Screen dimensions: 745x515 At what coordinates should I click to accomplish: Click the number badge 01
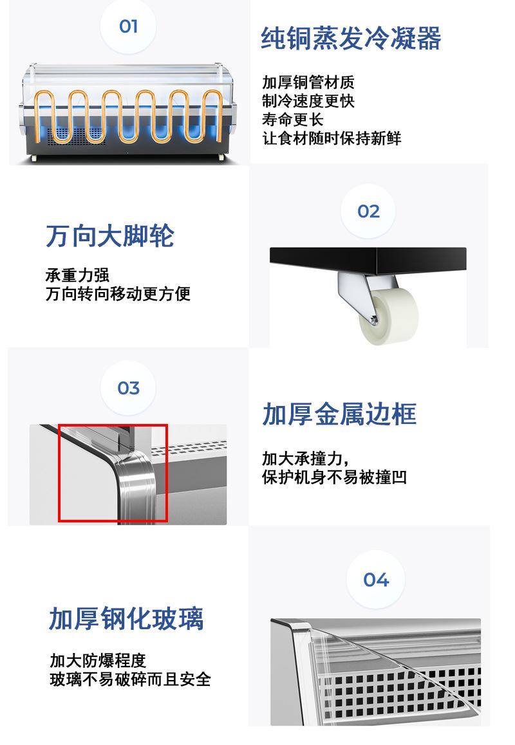coord(129,26)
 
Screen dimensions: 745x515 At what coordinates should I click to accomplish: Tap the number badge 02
coord(368,212)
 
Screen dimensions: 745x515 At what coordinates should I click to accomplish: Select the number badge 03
coord(129,389)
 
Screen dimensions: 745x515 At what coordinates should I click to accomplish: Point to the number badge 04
coord(376,580)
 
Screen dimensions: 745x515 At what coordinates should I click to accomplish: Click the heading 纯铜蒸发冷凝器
coord(351,39)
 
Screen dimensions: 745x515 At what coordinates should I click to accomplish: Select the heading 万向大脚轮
coord(110,236)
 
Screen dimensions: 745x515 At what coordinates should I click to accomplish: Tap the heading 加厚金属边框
coord(339,414)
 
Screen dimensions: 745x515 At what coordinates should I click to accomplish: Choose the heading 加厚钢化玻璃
coord(126,619)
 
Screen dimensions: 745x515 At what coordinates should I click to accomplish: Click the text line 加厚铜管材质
coord(308,82)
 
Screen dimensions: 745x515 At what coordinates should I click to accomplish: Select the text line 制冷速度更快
coord(308,101)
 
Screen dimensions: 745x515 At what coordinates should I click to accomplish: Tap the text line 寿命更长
coord(293,120)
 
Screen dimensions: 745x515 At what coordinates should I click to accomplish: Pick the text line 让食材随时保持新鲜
coord(332,138)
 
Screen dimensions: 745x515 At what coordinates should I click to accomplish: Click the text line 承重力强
coord(77,275)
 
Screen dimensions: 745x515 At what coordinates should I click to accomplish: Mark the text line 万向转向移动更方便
coord(118,294)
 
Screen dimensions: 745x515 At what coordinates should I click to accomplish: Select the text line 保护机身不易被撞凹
coord(334,477)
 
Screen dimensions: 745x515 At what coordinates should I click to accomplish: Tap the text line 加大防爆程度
coord(98,661)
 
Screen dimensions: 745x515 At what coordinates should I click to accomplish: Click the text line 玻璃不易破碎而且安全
coord(131,679)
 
